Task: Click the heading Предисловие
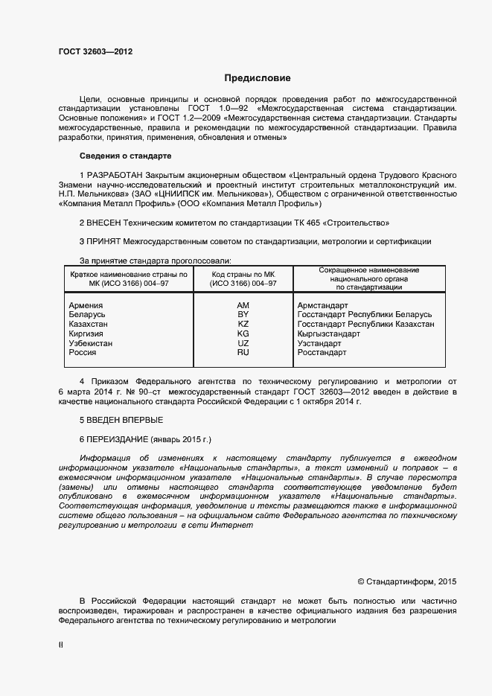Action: (x=258, y=77)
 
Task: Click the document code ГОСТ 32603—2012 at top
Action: (x=96, y=51)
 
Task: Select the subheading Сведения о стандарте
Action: (x=126, y=156)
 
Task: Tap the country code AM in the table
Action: (x=243, y=305)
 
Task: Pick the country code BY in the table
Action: (x=243, y=315)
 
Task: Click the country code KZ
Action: (x=243, y=325)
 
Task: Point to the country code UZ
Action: (x=243, y=343)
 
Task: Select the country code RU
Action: (x=243, y=352)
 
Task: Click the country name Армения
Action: (x=86, y=305)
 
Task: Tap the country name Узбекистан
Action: (x=91, y=343)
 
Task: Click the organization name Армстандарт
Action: (x=324, y=305)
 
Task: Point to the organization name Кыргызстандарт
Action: (x=328, y=333)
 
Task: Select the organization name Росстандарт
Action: (x=322, y=352)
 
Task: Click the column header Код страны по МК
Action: (x=243, y=274)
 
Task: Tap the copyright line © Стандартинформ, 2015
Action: (x=407, y=581)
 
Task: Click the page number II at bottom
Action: (x=61, y=645)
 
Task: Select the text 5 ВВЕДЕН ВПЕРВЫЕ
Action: (x=121, y=421)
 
